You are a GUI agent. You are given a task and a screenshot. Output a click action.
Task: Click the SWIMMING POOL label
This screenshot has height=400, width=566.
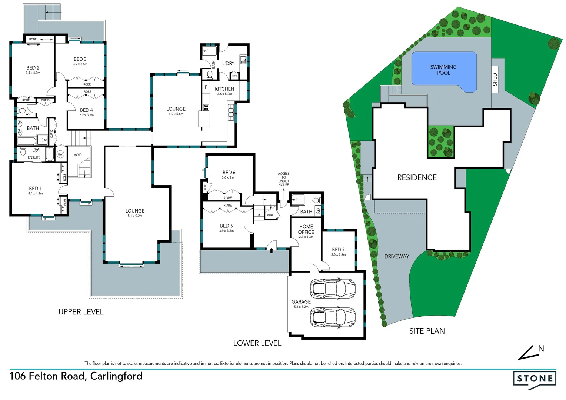[x=443, y=70]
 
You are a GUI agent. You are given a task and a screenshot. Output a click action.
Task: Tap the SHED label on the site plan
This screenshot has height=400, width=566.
[x=495, y=80]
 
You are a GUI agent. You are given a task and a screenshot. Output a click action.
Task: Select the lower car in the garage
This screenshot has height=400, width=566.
[x=333, y=317]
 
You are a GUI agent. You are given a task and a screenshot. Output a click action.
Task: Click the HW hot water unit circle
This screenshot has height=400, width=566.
[x=60, y=154]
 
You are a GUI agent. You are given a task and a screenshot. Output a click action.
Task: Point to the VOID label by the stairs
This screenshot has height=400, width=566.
[x=78, y=155]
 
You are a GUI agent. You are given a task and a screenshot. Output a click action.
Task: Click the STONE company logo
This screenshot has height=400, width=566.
[x=535, y=379]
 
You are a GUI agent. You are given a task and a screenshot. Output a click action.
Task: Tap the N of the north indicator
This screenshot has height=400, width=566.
[x=541, y=349]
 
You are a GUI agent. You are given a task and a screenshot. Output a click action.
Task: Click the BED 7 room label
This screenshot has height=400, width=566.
[x=338, y=250]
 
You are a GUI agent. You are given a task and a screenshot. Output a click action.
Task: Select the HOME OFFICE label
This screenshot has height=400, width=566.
[x=306, y=229]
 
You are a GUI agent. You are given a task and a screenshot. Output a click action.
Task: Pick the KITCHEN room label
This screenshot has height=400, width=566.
[x=224, y=89]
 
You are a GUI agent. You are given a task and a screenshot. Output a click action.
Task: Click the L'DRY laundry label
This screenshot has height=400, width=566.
[x=228, y=63]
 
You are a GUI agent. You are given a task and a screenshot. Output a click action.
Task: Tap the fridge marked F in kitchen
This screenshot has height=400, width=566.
[x=206, y=87]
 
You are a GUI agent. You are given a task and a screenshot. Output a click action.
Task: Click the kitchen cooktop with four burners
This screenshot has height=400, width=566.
[x=206, y=107]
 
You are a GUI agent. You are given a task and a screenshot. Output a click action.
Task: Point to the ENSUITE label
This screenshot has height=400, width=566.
[x=34, y=157]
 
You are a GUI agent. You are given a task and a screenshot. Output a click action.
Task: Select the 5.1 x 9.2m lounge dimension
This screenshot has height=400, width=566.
[x=135, y=216]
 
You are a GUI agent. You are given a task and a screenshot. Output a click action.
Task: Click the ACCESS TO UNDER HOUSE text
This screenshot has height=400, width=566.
[x=284, y=179]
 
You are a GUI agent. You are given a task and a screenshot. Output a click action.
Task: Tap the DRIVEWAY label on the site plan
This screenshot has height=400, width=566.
[x=396, y=256]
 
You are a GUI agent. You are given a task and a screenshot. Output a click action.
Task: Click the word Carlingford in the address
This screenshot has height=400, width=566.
[x=116, y=376]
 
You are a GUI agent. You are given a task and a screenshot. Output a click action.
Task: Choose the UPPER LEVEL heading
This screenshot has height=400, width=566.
[x=81, y=312]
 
